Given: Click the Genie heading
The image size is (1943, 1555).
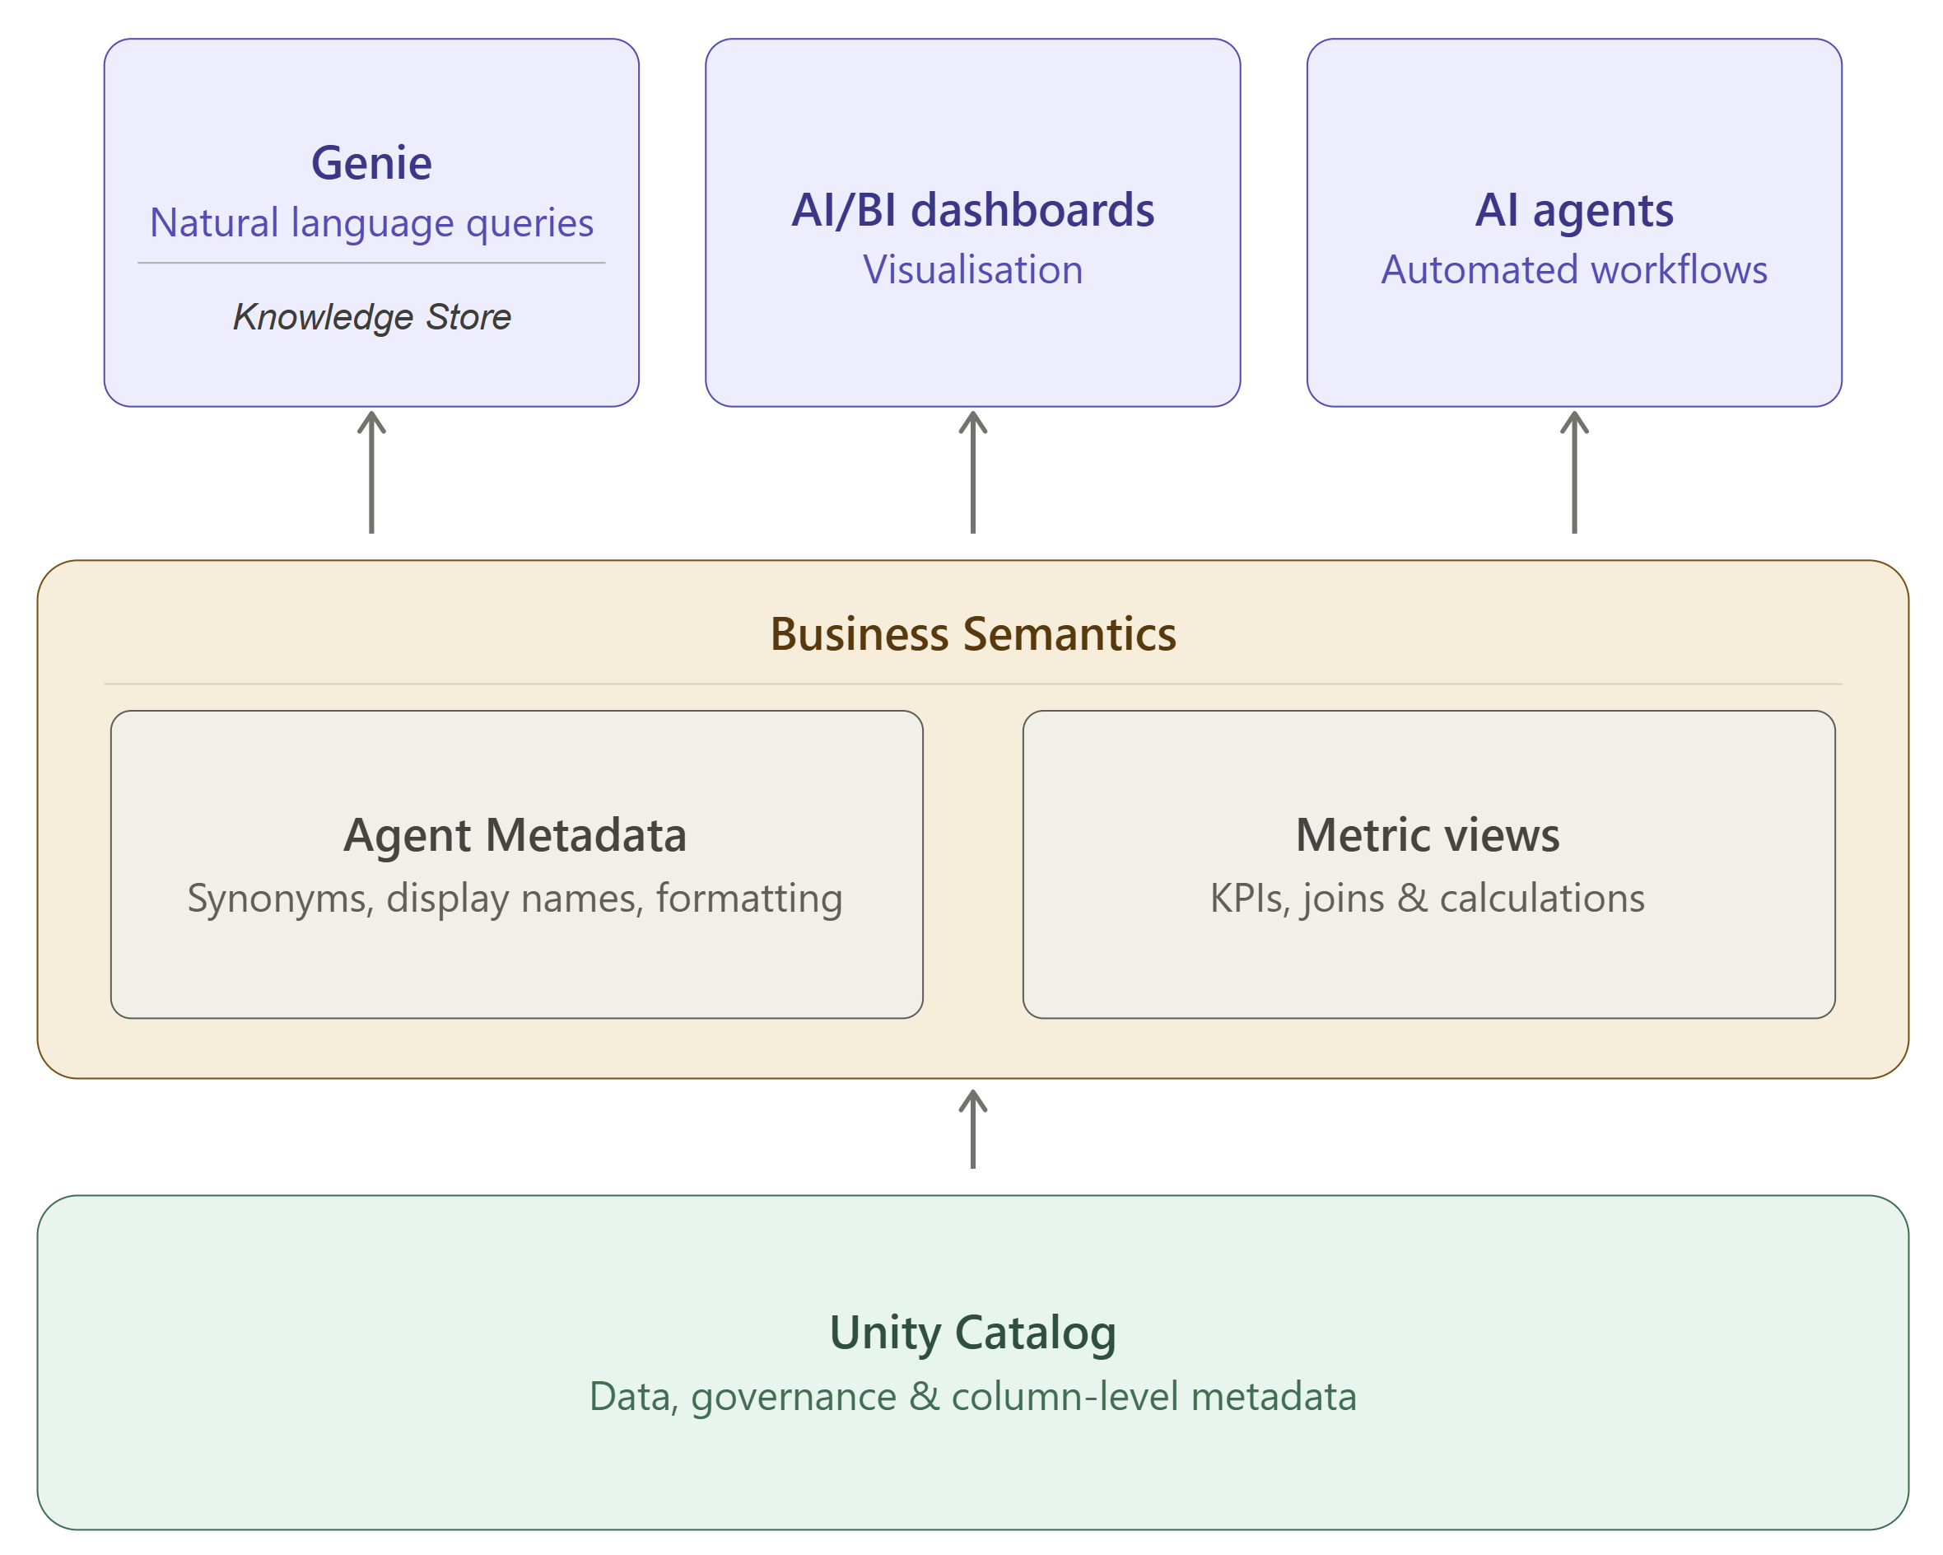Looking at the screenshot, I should [371, 164].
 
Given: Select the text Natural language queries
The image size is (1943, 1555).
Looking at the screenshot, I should [371, 222].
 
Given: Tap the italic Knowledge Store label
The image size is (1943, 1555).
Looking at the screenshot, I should [371, 317].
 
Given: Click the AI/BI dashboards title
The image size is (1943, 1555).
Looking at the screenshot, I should [972, 211].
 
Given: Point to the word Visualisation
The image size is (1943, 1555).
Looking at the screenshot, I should [972, 270].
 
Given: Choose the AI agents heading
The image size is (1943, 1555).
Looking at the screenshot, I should [1573, 211].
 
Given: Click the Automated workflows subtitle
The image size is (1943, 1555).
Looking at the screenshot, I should [1573, 270].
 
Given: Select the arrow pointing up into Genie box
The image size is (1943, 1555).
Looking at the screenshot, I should [371, 473].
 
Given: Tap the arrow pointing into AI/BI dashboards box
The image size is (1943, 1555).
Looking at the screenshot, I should [972, 473].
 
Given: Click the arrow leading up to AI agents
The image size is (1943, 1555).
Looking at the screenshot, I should [1573, 473].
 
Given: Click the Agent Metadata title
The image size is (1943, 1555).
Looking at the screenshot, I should [515, 836].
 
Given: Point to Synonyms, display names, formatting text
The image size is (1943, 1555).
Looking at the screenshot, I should [515, 899].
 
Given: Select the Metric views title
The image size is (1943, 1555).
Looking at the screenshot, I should [1428, 836].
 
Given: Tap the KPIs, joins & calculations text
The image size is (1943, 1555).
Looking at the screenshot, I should [1428, 899].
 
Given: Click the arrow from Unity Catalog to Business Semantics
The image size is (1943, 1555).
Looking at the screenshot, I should [972, 1129].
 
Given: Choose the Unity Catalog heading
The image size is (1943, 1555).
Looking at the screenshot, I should [972, 1333].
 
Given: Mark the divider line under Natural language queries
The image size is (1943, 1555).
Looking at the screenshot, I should [371, 264].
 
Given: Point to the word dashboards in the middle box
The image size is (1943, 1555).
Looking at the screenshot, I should [1032, 211].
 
